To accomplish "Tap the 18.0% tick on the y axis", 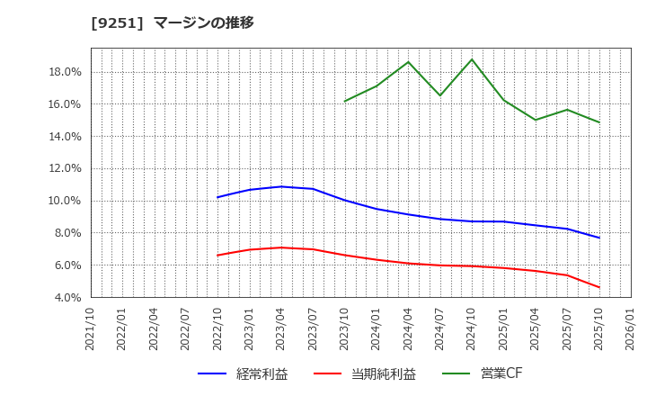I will (x=64, y=72).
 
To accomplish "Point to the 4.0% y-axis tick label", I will (x=66, y=297).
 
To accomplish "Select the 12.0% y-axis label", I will (x=64, y=168).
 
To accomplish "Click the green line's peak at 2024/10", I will (x=472, y=59).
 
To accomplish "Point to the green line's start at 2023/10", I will (x=345, y=101).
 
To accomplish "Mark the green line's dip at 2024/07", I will (x=440, y=95).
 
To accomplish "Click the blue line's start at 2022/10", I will (x=217, y=197).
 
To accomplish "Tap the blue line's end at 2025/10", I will (x=599, y=238).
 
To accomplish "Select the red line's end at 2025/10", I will (x=599, y=287).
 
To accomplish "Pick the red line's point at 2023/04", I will (x=281, y=247).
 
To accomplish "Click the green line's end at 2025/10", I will (x=599, y=122).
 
